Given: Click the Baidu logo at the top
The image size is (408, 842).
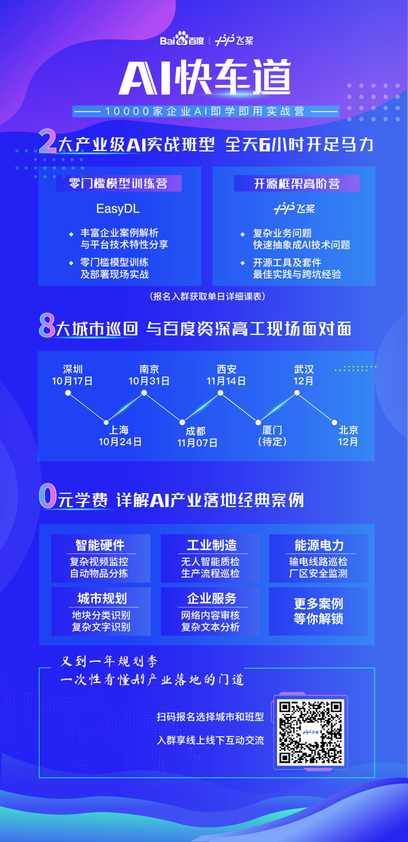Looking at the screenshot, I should click(x=182, y=39).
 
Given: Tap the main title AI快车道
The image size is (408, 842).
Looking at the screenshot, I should click(x=205, y=77).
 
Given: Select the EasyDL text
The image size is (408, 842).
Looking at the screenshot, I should click(x=118, y=209).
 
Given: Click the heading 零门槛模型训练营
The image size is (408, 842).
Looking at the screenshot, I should click(x=118, y=184).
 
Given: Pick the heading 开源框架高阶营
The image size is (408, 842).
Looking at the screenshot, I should click(x=297, y=184).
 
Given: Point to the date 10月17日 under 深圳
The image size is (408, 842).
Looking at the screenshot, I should click(x=72, y=381).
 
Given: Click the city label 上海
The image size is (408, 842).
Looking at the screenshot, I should click(x=119, y=430).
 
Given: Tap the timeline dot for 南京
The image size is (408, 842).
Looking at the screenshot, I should click(x=144, y=393).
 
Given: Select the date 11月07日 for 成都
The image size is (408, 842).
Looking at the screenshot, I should click(x=197, y=443).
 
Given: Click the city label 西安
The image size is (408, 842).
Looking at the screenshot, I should click(x=227, y=369).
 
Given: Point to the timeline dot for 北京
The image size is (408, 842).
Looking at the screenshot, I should click(x=334, y=422).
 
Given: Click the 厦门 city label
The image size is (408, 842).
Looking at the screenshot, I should click(x=272, y=430).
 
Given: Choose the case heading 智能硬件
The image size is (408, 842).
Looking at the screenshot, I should click(x=100, y=545).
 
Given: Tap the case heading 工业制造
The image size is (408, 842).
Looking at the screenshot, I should click(x=212, y=545).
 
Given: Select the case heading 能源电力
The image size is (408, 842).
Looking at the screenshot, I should click(x=319, y=545).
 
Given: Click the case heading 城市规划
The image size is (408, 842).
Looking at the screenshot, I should click(x=102, y=598).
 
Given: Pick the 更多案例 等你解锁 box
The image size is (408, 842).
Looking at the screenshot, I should click(x=318, y=611).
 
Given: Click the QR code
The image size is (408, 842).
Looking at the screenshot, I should click(x=311, y=732).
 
